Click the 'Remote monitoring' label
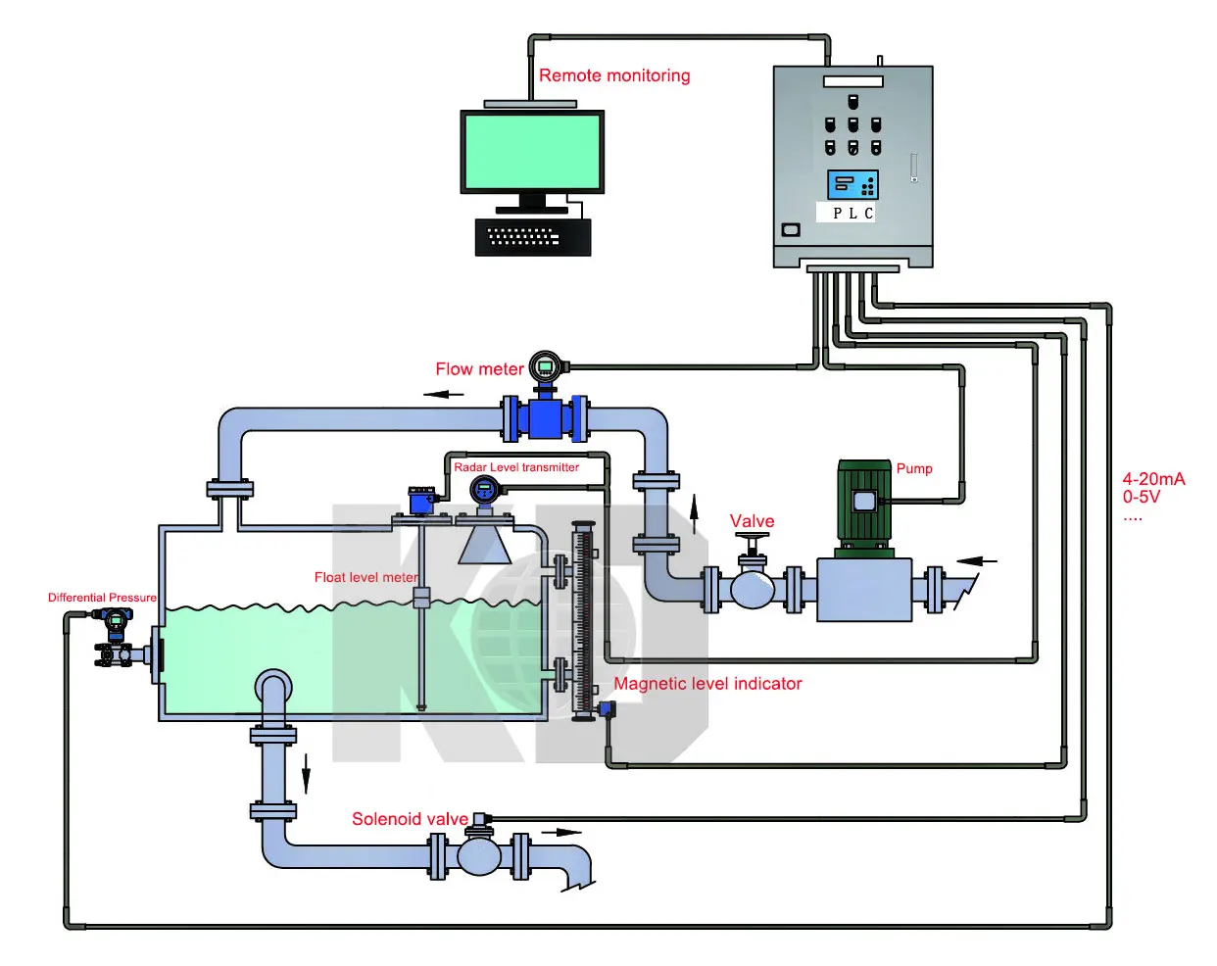[614, 75]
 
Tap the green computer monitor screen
[532, 151]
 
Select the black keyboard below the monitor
[533, 237]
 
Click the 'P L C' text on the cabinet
[852, 213]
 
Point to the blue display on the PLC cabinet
[852, 184]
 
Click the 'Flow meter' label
[479, 369]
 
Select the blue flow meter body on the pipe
[545, 418]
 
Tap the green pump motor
[864, 501]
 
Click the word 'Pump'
[914, 468]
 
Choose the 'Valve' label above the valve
[752, 521]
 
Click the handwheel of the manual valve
[753, 537]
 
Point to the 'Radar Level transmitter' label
[516, 467]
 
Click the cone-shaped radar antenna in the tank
[484, 545]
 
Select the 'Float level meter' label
[365, 577]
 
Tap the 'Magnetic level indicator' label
[707, 684]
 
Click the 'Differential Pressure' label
[102, 598]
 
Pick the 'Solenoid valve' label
[410, 819]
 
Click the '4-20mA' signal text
[1153, 479]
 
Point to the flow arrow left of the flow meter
[444, 394]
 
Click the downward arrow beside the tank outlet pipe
[306, 773]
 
